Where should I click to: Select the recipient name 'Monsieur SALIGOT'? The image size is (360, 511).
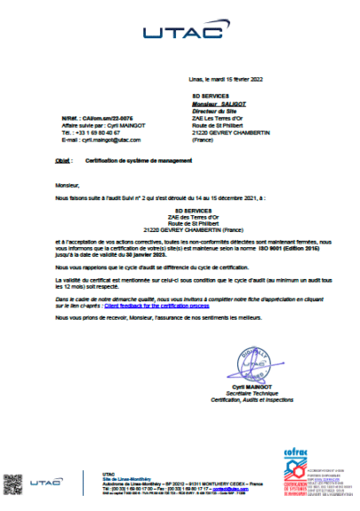[218, 100]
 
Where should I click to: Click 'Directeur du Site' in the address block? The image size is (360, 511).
[215, 107]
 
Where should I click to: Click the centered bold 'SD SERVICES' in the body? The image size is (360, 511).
[180, 209]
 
